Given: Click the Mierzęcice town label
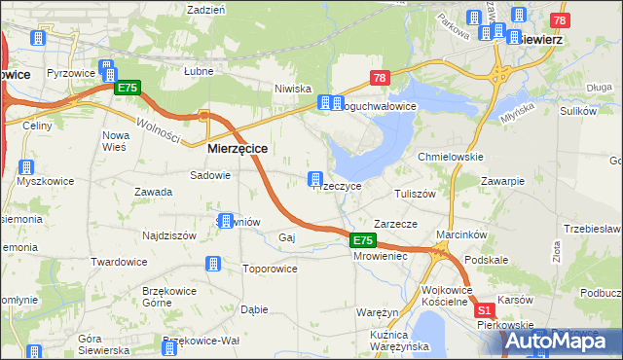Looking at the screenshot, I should [238, 149].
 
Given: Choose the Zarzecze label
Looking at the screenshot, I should [395, 224].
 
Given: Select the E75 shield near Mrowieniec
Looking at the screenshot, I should [362, 239].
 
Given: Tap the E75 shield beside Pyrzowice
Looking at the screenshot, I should [128, 89].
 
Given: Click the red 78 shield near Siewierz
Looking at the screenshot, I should [559, 20].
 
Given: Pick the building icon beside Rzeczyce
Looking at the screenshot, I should [315, 178].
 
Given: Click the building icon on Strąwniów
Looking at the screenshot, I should [226, 221].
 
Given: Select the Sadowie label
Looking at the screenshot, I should [210, 176].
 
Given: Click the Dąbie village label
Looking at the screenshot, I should [253, 309].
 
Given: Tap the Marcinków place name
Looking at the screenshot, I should [461, 234].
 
